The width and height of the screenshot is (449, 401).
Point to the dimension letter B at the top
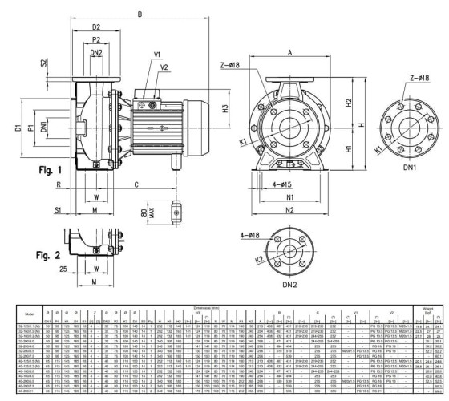[140, 14]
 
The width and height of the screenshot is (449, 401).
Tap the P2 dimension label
[95, 39]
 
